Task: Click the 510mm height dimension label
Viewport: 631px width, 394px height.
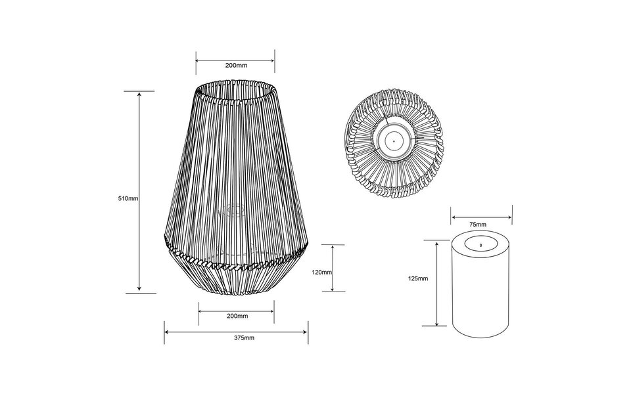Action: (128, 198)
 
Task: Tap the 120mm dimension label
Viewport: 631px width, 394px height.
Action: (323, 272)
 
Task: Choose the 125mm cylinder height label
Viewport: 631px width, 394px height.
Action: (418, 278)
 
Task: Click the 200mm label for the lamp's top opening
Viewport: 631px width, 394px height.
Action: (236, 66)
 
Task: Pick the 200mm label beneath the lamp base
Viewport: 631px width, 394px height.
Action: (237, 316)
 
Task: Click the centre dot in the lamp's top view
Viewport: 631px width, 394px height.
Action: (393, 140)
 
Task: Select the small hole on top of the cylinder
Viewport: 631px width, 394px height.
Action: (481, 244)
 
